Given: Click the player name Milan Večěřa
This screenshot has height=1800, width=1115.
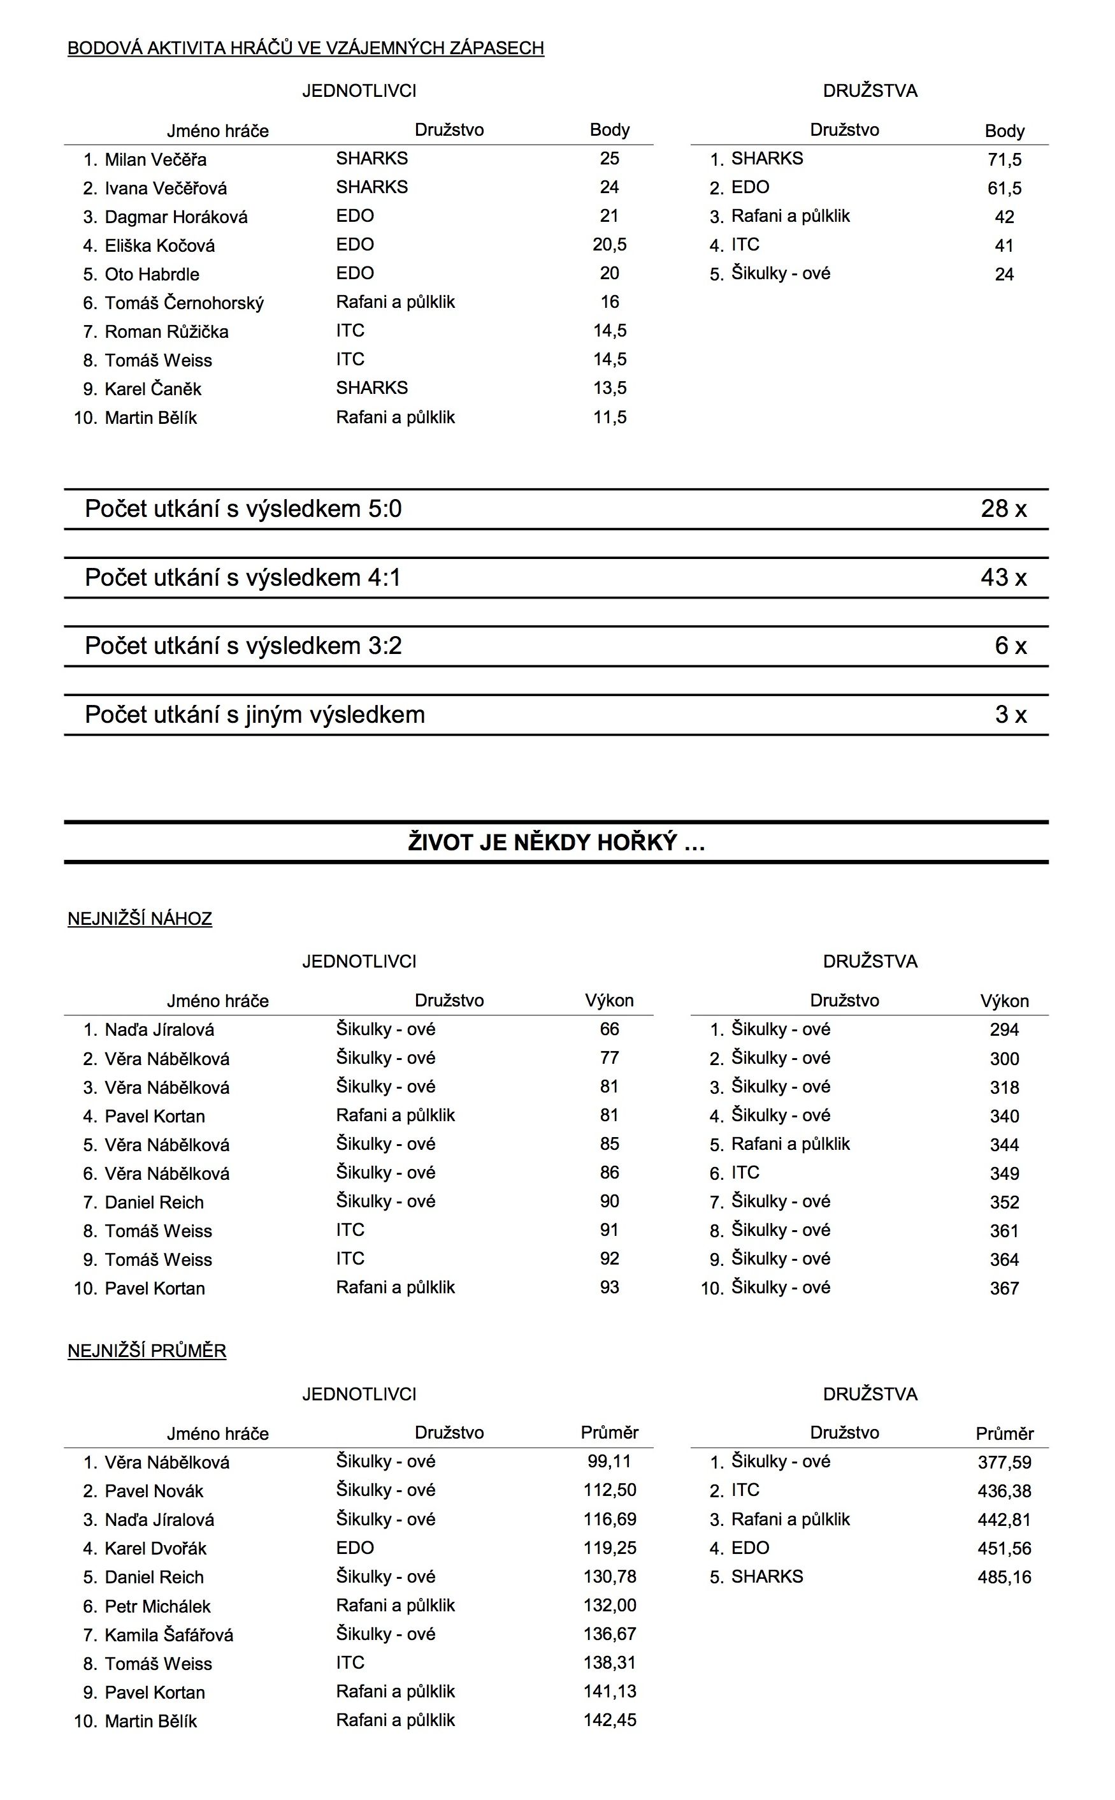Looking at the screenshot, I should click(155, 159).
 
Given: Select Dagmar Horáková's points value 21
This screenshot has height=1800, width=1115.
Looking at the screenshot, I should click(609, 216).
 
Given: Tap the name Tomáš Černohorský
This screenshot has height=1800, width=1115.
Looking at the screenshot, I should click(183, 303).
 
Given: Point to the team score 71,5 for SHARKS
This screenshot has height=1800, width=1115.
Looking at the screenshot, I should click(1003, 159).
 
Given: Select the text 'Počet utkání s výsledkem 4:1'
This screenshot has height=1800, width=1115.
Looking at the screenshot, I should click(243, 577).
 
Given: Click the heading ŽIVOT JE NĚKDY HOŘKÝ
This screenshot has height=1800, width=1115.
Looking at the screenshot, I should click(556, 843).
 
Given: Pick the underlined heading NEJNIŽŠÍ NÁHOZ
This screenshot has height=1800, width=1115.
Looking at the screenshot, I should click(140, 918).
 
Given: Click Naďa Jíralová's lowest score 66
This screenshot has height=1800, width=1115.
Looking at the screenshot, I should click(609, 1029).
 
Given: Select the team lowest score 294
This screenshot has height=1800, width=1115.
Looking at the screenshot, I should click(1003, 1030).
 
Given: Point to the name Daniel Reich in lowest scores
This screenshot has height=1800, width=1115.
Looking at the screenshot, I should click(154, 1203).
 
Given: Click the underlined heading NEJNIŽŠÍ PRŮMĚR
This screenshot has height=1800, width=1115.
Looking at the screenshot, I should click(147, 1351).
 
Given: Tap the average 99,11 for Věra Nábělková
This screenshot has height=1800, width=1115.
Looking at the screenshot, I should click(609, 1462).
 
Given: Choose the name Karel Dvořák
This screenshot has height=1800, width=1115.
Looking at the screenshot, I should click(155, 1548).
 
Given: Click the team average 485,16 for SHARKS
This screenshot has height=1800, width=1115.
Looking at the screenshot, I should click(1003, 1577).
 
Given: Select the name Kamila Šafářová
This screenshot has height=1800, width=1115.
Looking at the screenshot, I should click(169, 1635).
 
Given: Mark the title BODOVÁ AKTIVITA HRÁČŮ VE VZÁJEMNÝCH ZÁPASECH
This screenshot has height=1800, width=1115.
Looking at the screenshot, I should click(305, 48).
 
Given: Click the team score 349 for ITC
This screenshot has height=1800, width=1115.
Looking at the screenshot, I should click(1003, 1173).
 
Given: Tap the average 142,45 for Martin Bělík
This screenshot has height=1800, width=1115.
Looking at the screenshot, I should click(609, 1720).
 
